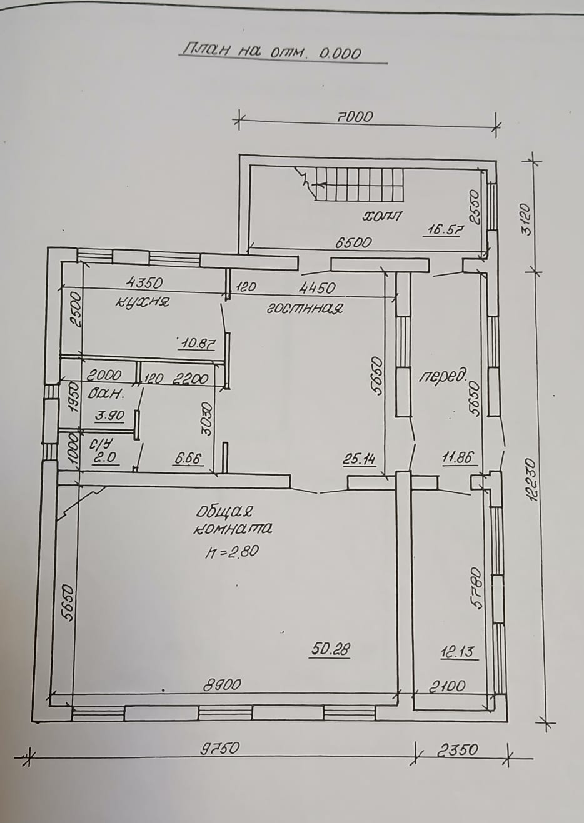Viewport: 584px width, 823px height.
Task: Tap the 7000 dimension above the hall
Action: click(355, 117)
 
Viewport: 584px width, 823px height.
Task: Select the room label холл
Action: click(382, 216)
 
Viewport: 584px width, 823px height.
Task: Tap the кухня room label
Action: click(142, 302)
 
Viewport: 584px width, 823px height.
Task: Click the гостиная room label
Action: click(304, 308)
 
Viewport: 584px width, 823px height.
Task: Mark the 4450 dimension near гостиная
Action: click(317, 287)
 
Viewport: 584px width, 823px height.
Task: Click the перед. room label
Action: click(443, 377)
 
